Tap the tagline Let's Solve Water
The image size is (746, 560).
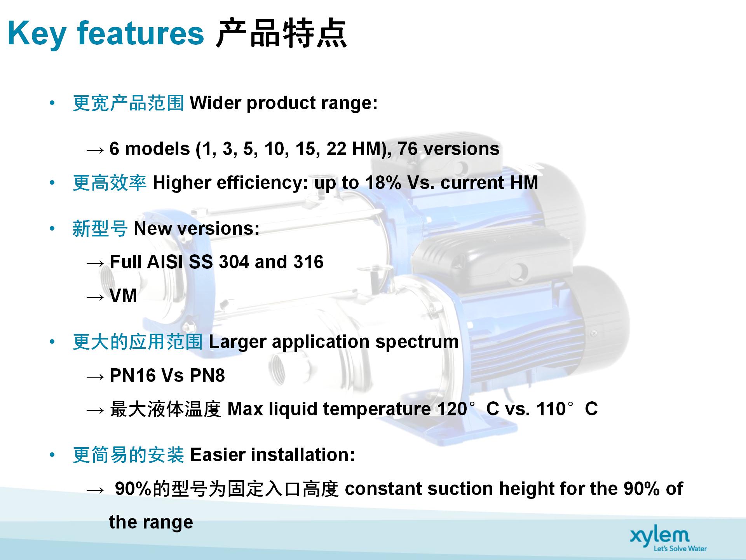tap(680, 548)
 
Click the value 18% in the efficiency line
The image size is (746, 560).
tap(383, 182)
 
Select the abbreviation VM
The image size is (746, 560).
tap(123, 296)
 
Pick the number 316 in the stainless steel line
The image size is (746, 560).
tap(309, 262)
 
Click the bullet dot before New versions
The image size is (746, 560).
tap(52, 228)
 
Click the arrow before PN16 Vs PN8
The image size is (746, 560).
tap(95, 377)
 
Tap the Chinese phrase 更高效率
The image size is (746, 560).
tap(110, 183)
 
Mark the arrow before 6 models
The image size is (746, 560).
tap(95, 150)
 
